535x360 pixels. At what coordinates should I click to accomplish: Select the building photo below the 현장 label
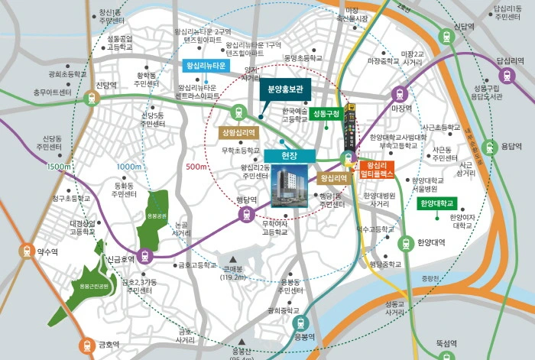(x=287, y=188)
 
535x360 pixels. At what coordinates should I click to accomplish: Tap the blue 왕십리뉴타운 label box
(x=205, y=66)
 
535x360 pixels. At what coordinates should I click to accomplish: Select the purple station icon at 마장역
(x=397, y=94)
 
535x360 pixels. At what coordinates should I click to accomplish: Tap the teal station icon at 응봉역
(x=303, y=323)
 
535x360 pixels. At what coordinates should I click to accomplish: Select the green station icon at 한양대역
(x=406, y=244)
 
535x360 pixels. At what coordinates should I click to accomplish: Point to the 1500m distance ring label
(x=57, y=166)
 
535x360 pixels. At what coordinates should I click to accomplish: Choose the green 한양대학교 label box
(x=436, y=203)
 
